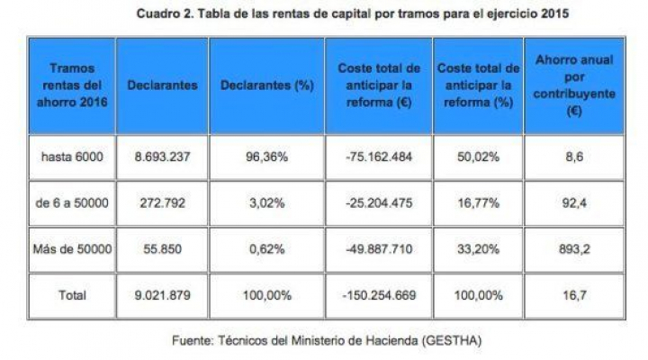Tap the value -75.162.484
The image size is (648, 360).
379,157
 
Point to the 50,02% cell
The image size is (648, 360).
478,157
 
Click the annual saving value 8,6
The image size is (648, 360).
572,157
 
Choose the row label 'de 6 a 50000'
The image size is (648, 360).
73,202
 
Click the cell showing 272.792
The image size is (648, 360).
163,202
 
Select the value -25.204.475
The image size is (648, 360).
379,202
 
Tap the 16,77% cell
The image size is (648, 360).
478,202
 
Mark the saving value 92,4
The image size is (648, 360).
572,202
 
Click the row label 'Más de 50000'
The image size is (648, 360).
73,248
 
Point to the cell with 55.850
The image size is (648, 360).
163,248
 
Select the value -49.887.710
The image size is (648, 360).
379,248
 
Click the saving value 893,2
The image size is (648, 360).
572,248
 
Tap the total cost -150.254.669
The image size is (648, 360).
379,294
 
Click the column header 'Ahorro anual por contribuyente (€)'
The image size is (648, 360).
573,86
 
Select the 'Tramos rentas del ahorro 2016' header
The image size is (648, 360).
73,86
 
